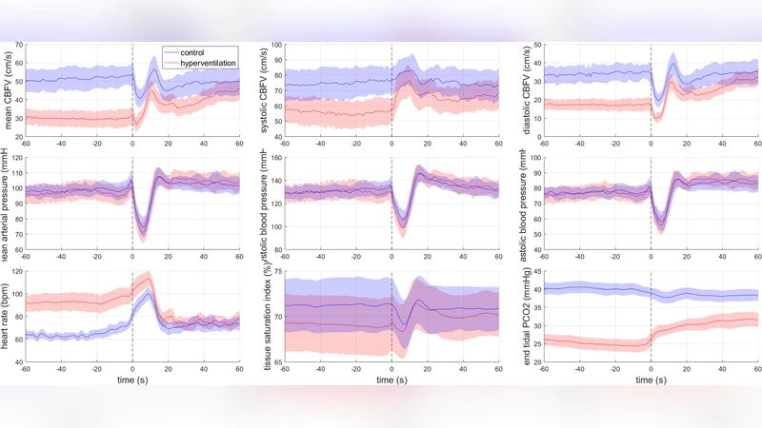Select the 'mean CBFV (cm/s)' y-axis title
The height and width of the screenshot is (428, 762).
click(x=9, y=92)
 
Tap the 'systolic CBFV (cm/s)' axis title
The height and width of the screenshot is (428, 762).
click(x=267, y=92)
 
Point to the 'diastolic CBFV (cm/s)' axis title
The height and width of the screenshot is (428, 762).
click(x=526, y=92)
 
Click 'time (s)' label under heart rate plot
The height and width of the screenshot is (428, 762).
click(x=132, y=379)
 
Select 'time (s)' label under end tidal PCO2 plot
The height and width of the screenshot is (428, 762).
click(x=651, y=379)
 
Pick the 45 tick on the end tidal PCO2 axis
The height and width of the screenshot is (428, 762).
click(x=537, y=272)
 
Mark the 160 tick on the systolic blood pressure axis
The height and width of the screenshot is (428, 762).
click(x=276, y=159)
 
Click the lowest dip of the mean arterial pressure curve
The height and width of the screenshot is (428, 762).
click(x=143, y=229)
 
